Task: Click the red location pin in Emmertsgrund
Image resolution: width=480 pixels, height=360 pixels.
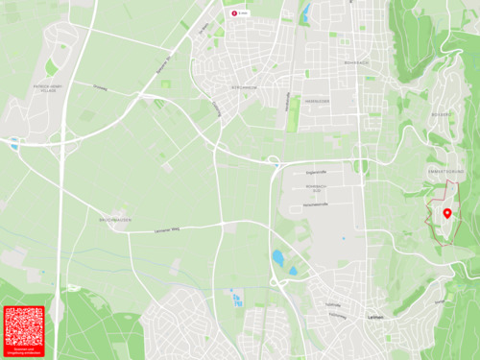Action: click(x=447, y=212)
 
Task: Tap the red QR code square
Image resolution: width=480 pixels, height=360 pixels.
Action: click(x=24, y=326)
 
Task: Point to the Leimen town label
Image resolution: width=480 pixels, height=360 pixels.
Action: click(x=375, y=317)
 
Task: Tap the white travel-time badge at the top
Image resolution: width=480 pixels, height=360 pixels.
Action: click(x=240, y=13)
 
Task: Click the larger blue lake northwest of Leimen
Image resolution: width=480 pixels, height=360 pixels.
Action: click(x=277, y=257)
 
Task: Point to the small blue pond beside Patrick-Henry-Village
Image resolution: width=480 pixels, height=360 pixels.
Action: click(x=13, y=145)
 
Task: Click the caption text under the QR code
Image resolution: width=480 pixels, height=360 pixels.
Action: click(x=24, y=354)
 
